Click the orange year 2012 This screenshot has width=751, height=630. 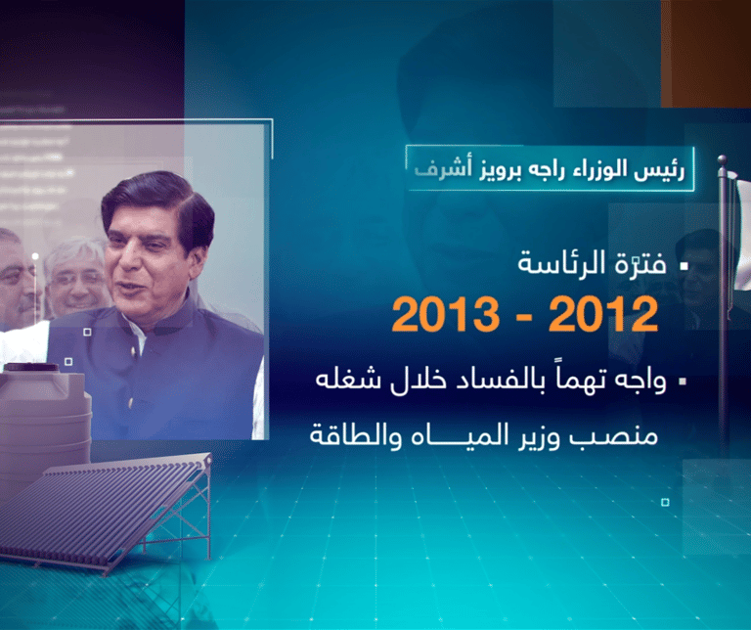pyautogui.click(x=603, y=314)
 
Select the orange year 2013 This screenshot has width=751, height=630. pyautogui.click(x=446, y=314)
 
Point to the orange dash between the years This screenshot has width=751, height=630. pyautogui.click(x=524, y=317)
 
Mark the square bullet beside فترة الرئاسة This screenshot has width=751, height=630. pyautogui.click(x=684, y=265)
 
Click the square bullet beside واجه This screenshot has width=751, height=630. pyautogui.click(x=683, y=382)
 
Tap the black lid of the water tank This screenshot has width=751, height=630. pyautogui.click(x=31, y=368)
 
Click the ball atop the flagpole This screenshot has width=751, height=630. pyautogui.click(x=722, y=159)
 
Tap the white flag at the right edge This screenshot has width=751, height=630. pyautogui.click(x=743, y=235)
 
